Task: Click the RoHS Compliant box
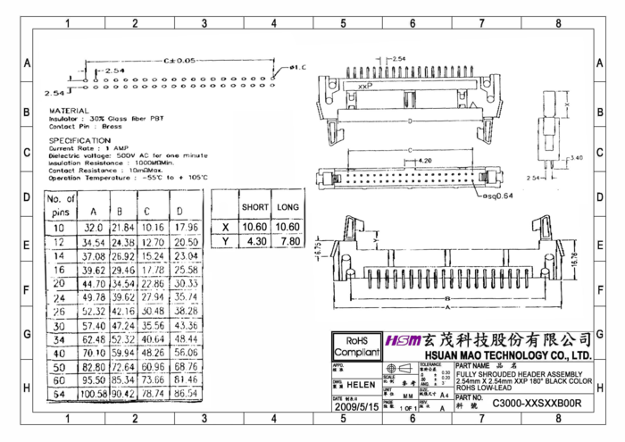(x=356, y=346)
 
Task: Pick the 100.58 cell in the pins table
(x=94, y=393)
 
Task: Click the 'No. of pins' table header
(x=61, y=205)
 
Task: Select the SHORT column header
(x=255, y=207)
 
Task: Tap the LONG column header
(x=287, y=207)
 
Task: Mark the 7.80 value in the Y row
(x=287, y=241)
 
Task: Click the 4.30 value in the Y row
(x=255, y=241)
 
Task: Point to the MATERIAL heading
(x=69, y=111)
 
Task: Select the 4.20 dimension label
(x=425, y=161)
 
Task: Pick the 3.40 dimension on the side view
(x=577, y=158)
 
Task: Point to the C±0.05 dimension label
(x=179, y=60)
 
